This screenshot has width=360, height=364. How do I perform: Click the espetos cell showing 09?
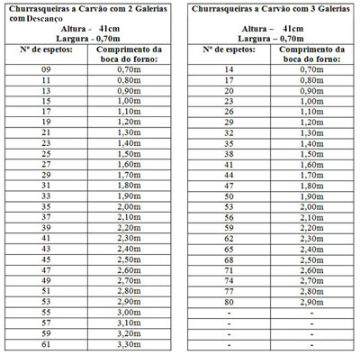47,68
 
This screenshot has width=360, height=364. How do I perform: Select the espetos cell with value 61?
47,343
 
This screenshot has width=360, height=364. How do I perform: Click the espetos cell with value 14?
228,68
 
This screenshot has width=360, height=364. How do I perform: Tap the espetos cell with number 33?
47,196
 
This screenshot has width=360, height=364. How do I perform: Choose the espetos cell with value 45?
47,259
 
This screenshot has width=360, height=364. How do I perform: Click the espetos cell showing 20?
228,90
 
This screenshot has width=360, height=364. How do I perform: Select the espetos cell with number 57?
47,322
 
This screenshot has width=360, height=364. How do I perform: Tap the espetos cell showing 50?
228,196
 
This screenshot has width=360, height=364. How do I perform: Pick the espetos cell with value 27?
47,164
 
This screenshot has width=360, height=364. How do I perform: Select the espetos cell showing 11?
47,79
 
